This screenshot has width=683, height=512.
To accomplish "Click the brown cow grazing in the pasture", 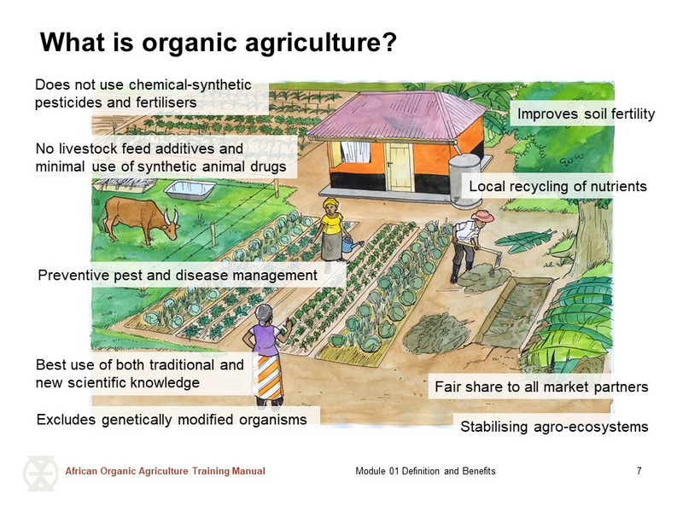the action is pos(138,219).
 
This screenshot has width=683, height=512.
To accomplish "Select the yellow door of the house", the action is pos(398,166).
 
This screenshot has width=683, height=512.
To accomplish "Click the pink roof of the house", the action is pos(397,115).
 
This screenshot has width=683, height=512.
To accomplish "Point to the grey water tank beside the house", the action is pos(466,181).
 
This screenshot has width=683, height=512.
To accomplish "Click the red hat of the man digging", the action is pos(482,216).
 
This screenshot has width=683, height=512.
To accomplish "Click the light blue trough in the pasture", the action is pos(190,189).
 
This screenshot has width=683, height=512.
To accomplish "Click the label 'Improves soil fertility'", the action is pos(586,113).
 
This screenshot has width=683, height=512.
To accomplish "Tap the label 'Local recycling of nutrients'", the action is pos(557,186).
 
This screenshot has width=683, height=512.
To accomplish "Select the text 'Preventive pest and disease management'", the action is pos(178,275).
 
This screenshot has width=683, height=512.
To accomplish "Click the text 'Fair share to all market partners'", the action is pos(541,387).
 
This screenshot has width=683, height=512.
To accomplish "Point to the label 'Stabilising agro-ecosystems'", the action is pos(554,426).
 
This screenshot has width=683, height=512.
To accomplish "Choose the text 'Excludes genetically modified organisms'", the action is pos(172,419).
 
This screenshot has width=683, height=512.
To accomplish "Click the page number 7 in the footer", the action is pos(639,471).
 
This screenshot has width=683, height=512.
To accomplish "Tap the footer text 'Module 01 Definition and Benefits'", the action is pos(425,471).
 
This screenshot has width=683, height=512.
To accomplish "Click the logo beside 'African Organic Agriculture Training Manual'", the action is pos(41,473).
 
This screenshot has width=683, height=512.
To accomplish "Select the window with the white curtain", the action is pos(354,152).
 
